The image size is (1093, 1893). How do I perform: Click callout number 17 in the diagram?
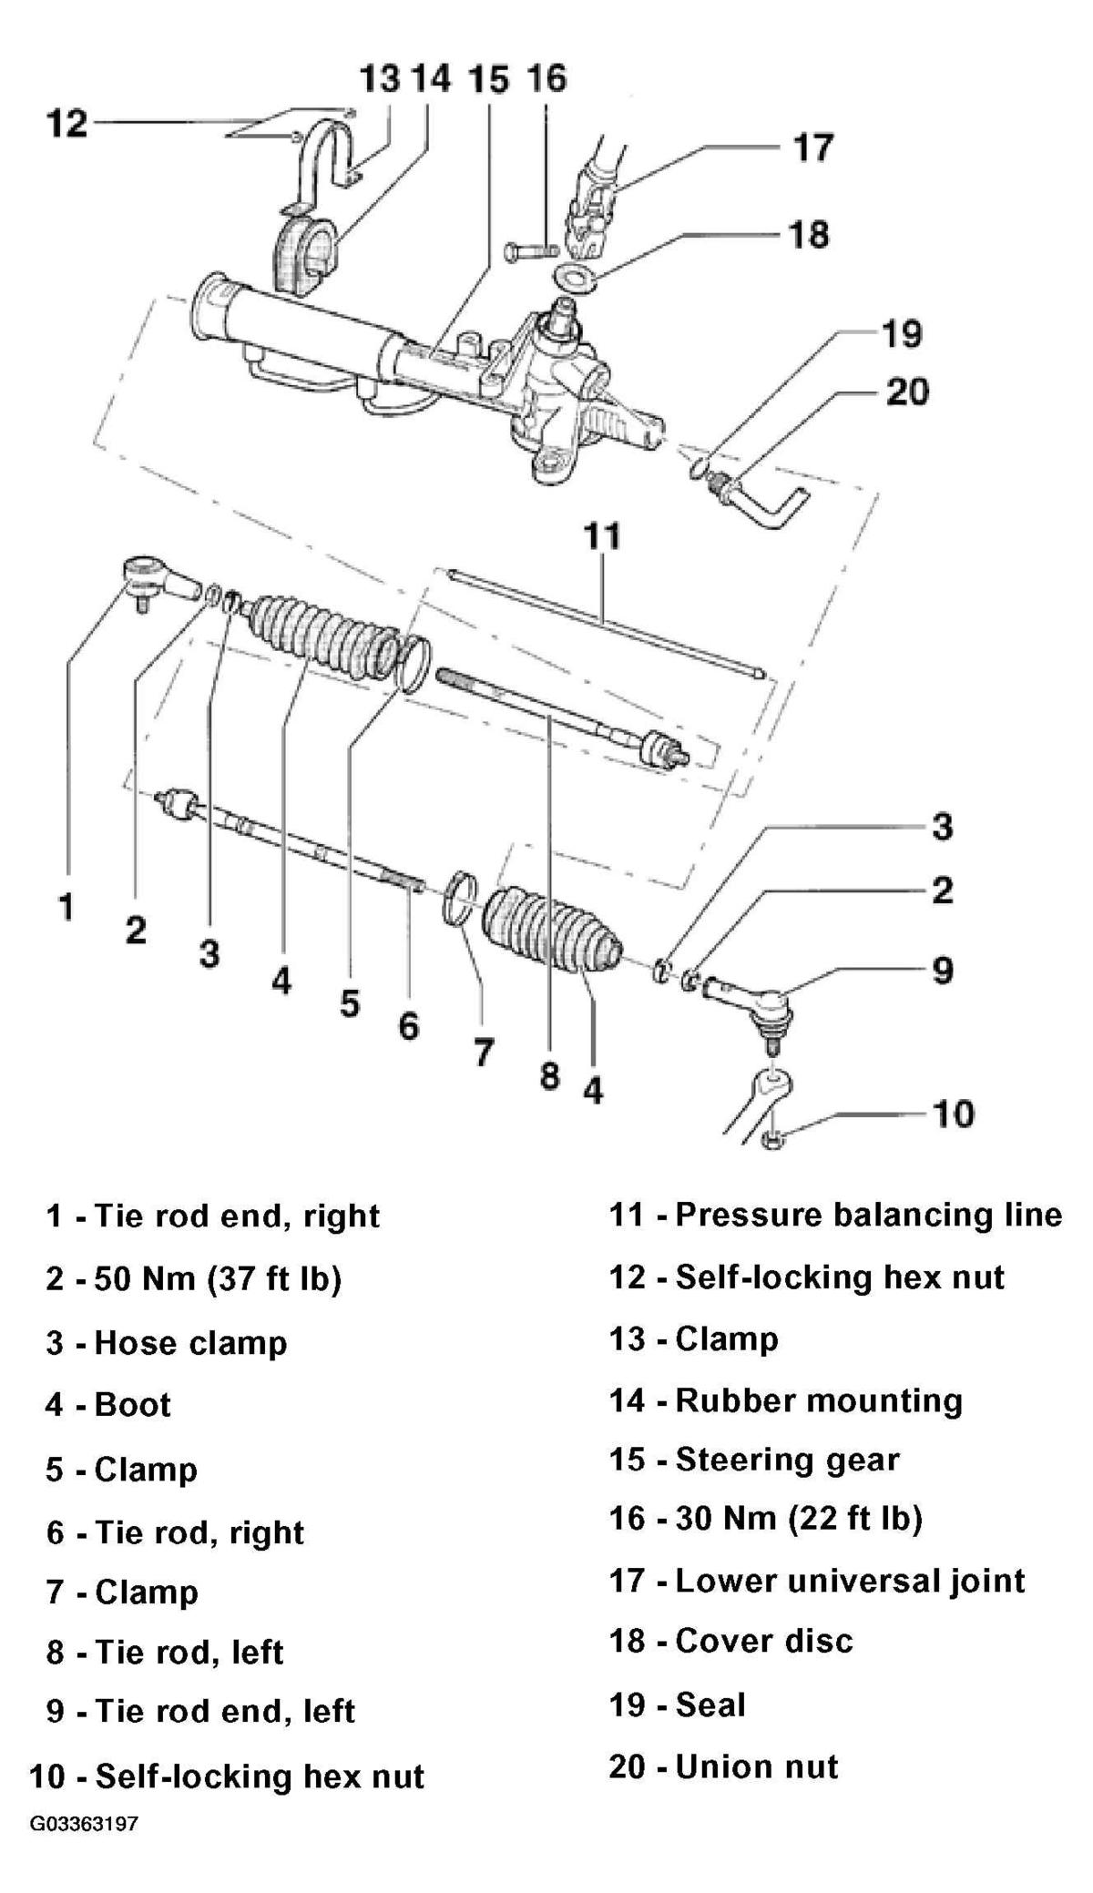pyautogui.click(x=812, y=147)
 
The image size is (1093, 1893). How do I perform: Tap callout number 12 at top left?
pyautogui.click(x=66, y=122)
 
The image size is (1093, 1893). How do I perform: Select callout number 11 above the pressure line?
pyautogui.click(x=602, y=535)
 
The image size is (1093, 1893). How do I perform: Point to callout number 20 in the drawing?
pyautogui.click(x=907, y=392)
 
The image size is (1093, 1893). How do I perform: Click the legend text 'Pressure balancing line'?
pyautogui.click(x=868, y=1216)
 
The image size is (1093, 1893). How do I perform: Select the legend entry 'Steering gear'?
pyautogui.click(x=787, y=1460)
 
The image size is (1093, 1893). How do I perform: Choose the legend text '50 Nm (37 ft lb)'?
pyautogui.click(x=218, y=1279)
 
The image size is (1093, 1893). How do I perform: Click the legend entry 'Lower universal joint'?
pyautogui.click(x=850, y=1582)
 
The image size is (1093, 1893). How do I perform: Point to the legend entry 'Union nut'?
pyautogui.click(x=756, y=1767)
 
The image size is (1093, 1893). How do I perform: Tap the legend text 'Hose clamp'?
pyautogui.click(x=190, y=1343)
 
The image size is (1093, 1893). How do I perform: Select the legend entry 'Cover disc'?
pyautogui.click(x=764, y=1642)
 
